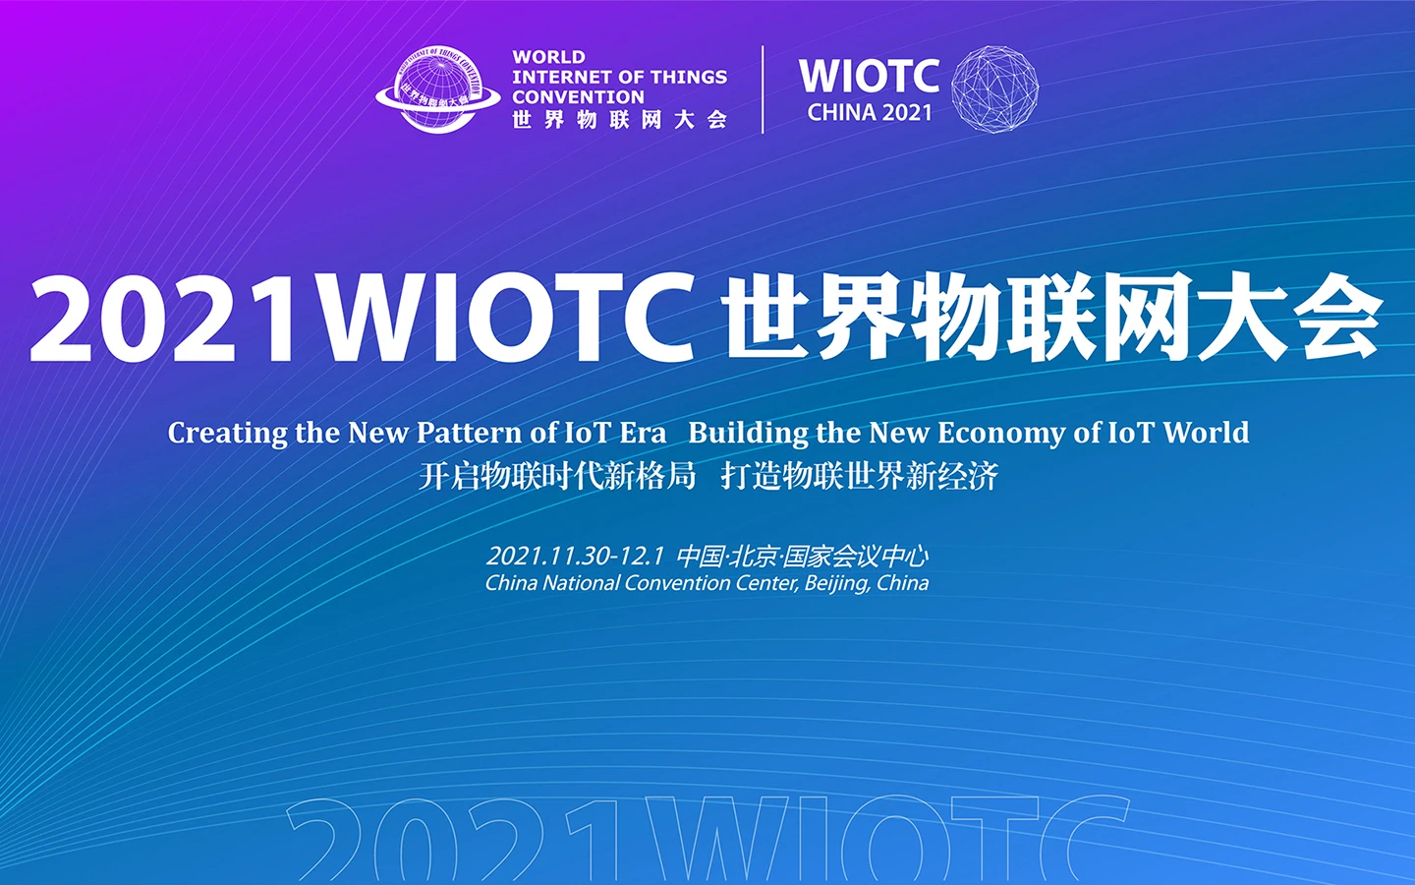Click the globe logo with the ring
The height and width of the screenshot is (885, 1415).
(x=438, y=89)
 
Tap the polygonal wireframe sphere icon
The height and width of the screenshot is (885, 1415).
(x=994, y=89)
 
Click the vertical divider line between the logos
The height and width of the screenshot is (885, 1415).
(x=764, y=89)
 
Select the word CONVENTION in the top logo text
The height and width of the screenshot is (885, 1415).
(x=578, y=97)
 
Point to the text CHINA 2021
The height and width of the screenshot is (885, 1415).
(x=870, y=112)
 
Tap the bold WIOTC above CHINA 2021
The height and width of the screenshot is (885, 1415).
(x=869, y=76)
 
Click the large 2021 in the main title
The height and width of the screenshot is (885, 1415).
(x=164, y=318)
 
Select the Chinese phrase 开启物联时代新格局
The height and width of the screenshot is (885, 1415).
(x=557, y=477)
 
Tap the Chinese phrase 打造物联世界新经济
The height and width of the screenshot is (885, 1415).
(x=860, y=477)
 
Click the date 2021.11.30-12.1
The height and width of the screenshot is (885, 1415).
(x=575, y=557)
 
